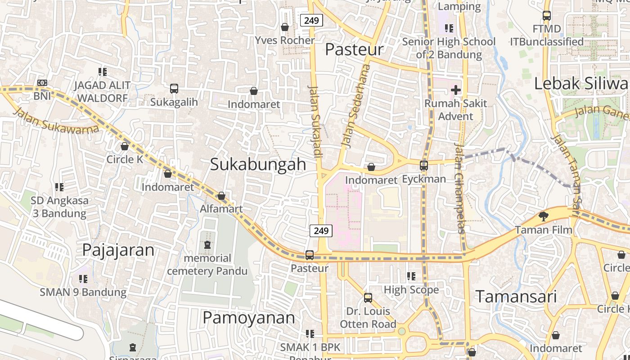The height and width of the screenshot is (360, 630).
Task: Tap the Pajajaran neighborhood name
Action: (x=118, y=250)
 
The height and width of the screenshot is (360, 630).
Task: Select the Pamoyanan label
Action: (x=249, y=318)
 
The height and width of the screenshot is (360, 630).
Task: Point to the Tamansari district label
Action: (x=516, y=297)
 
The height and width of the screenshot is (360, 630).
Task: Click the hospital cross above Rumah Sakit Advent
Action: (x=456, y=90)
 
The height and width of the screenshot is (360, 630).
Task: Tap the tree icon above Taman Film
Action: (x=544, y=216)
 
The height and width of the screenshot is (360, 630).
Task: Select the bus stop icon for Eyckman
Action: (x=423, y=166)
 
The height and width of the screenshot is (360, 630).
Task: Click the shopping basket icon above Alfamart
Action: (x=221, y=196)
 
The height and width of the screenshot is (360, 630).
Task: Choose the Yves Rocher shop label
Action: (x=285, y=40)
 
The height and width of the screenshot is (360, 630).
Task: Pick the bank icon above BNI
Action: (x=42, y=83)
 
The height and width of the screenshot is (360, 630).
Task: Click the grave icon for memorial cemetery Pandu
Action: (x=207, y=245)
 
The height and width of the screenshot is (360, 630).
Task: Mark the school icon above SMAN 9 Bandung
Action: (x=83, y=279)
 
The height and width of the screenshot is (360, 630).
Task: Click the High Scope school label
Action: (x=411, y=290)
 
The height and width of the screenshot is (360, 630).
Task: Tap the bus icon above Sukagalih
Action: (x=174, y=89)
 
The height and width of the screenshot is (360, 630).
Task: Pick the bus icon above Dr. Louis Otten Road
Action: (x=368, y=298)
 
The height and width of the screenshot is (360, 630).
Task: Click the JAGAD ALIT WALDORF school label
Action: (x=102, y=91)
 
